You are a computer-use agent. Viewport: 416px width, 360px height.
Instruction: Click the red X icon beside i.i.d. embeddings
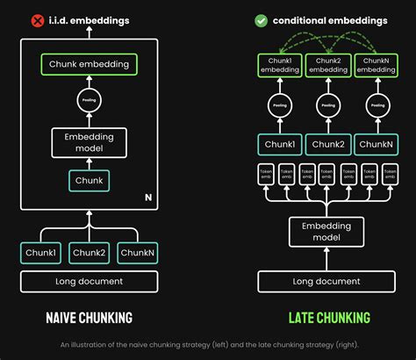pos(37,19)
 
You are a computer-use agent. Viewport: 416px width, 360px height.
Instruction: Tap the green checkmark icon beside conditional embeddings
pos(261,19)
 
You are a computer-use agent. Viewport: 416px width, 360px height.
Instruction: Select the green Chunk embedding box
pos(89,64)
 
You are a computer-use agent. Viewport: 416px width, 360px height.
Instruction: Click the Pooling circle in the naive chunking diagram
pos(89,102)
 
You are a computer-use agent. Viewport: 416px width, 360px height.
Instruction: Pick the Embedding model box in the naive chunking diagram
pos(89,142)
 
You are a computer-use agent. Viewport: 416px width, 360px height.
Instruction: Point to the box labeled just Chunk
pos(89,181)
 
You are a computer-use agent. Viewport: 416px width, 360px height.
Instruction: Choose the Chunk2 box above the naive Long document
pos(89,253)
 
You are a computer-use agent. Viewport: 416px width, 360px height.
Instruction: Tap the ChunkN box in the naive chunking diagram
pos(138,253)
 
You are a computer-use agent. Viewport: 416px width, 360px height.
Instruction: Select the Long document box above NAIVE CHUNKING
pos(89,282)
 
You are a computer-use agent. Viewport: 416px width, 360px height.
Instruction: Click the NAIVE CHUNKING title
pos(89,317)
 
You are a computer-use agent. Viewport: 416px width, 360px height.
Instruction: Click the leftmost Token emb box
pos(264,176)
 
